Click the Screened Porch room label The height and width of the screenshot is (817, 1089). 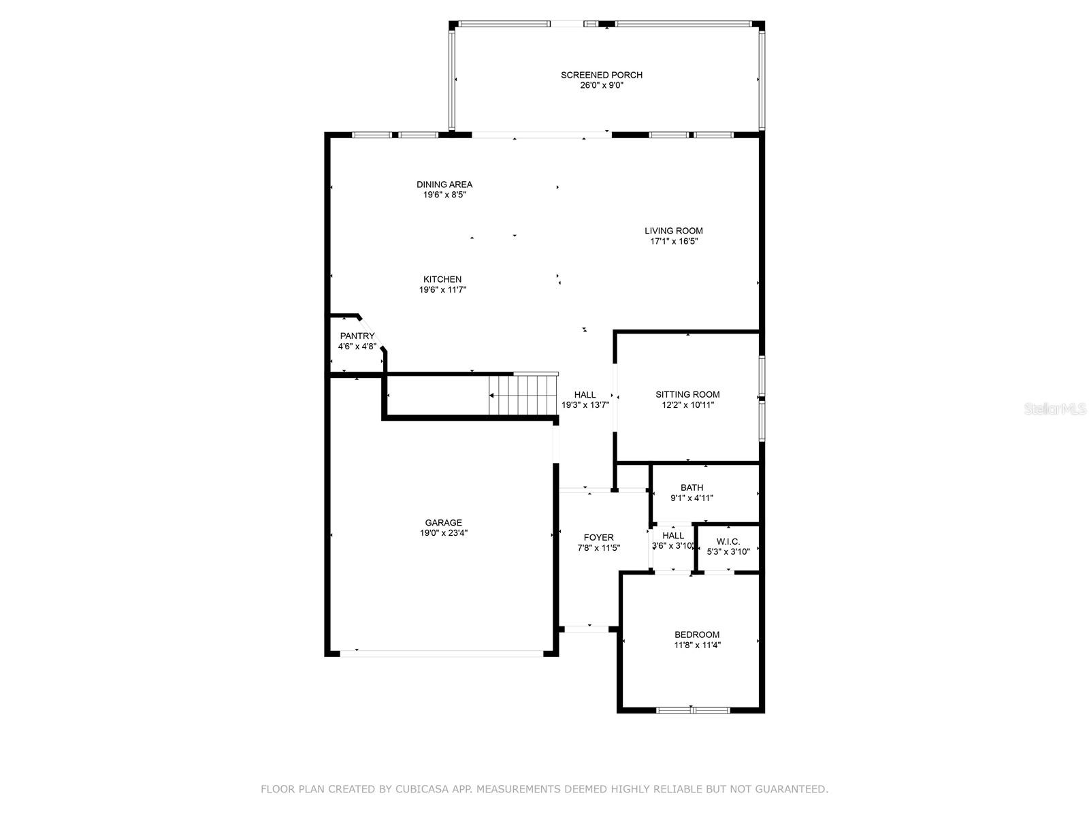pyautogui.click(x=601, y=75)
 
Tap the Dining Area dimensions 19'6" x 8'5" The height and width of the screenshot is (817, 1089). pyautogui.click(x=444, y=195)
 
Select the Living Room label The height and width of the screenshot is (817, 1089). pyautogui.click(x=673, y=231)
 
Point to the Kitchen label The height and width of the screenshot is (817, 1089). pyautogui.click(x=442, y=279)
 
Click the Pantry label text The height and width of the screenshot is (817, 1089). pyautogui.click(x=357, y=336)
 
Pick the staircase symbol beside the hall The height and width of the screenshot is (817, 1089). pyautogui.click(x=523, y=394)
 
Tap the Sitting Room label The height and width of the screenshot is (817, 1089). pyautogui.click(x=687, y=394)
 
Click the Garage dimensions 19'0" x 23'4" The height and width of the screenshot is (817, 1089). pyautogui.click(x=444, y=533)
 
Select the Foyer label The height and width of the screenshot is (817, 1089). pyautogui.click(x=598, y=537)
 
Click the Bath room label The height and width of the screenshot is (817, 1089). pyautogui.click(x=692, y=487)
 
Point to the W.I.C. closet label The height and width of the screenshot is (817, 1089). pyautogui.click(x=728, y=542)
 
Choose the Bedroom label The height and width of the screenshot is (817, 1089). pyautogui.click(x=696, y=635)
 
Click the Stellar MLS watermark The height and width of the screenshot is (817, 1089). pyautogui.click(x=1055, y=408)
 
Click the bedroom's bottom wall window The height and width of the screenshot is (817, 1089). pyautogui.click(x=693, y=710)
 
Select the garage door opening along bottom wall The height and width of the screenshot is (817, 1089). pyautogui.click(x=442, y=654)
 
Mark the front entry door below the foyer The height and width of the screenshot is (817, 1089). pyautogui.click(x=587, y=629)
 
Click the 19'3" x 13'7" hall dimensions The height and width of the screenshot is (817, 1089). pyautogui.click(x=585, y=405)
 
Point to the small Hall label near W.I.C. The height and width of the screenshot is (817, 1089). pyautogui.click(x=672, y=535)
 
